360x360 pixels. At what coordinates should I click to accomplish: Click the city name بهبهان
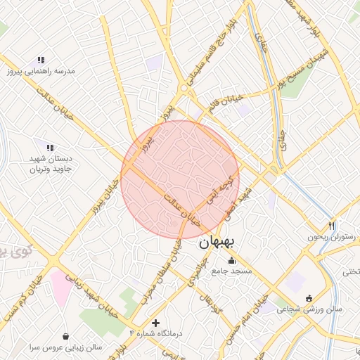[219, 243]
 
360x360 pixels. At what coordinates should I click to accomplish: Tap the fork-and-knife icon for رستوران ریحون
[332, 226]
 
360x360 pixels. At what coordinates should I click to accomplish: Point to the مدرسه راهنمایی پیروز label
[41, 71]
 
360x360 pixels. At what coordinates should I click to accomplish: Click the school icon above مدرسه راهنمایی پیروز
[41, 60]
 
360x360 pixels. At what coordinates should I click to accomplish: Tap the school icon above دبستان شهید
[49, 148]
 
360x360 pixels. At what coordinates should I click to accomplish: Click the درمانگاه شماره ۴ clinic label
[156, 333]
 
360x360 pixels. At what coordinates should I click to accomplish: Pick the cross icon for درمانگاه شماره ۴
[155, 323]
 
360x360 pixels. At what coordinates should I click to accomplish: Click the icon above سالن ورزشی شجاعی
[309, 297]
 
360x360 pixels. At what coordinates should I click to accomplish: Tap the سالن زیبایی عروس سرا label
[65, 347]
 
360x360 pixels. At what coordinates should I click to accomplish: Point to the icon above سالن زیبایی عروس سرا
[65, 336]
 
